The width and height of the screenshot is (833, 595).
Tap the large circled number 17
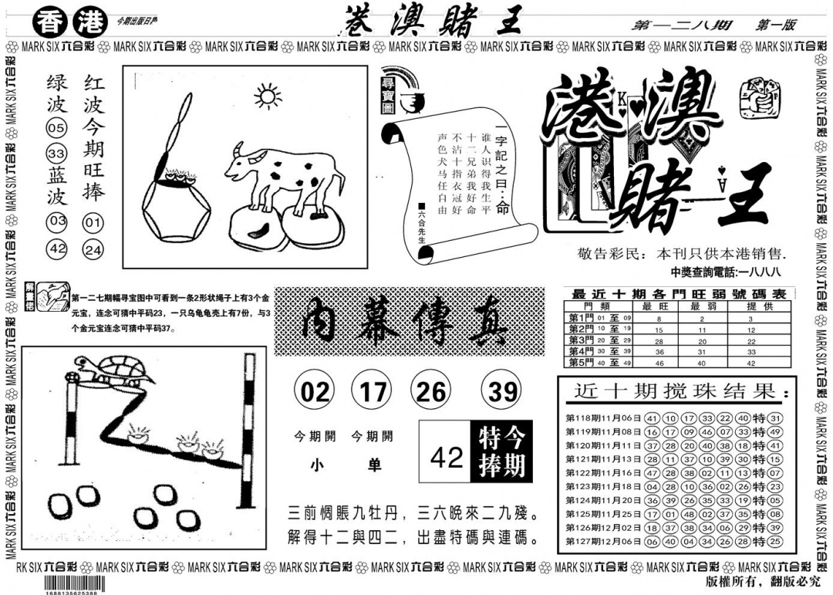coord(372,392)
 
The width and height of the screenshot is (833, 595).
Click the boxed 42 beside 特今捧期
coord(447,458)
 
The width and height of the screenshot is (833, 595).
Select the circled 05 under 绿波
coord(56,127)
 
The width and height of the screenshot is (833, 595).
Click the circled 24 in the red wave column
coord(93,250)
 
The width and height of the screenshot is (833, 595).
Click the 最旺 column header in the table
coord(659,306)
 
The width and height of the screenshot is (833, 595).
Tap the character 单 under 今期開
coord(373,465)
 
